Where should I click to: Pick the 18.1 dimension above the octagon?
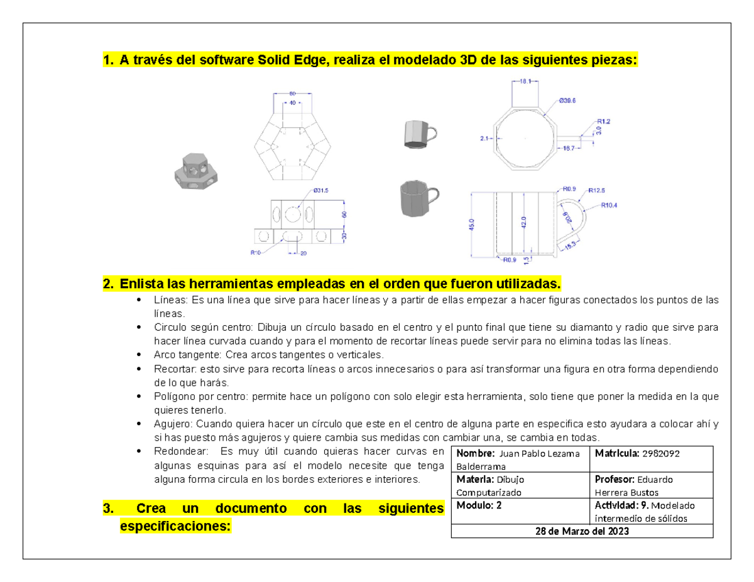526,81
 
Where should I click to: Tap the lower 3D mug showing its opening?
417,197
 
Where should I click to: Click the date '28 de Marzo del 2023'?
582,531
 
